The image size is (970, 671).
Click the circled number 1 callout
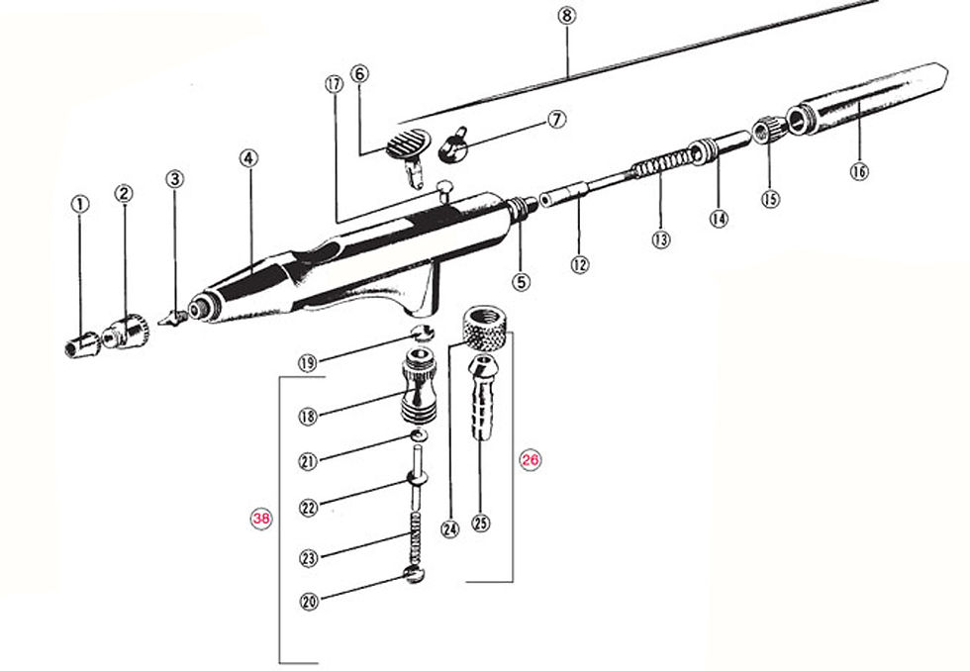tap(80, 203)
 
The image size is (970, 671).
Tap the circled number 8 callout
tap(565, 15)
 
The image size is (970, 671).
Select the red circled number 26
tap(531, 460)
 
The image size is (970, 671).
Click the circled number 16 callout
tap(858, 170)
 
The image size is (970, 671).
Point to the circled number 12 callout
tap(580, 264)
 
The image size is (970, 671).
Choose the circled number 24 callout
tap(451, 528)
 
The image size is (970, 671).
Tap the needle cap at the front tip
tap(82, 344)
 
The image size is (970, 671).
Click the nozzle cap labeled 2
tap(130, 332)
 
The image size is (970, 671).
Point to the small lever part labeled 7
tap(454, 146)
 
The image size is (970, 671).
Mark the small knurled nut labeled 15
tap(768, 130)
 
